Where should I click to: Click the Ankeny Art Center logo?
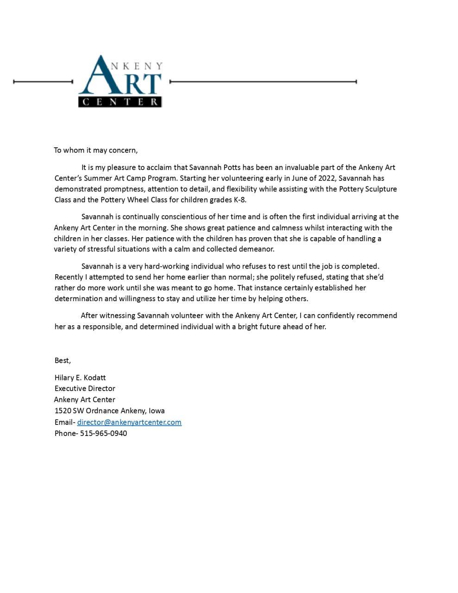click(120, 81)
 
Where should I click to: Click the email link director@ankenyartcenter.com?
click(129, 422)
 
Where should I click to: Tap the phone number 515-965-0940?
click(104, 434)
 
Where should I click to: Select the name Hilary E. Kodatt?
click(80, 378)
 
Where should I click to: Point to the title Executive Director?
click(85, 388)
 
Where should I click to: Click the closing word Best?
click(62, 360)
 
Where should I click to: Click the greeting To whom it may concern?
click(95, 150)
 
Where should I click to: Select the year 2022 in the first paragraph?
click(326, 178)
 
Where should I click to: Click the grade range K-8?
click(240, 200)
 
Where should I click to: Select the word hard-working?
click(167, 266)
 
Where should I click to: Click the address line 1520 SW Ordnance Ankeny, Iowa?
click(110, 410)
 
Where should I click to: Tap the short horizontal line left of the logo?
click(43, 82)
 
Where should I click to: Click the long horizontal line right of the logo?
click(263, 82)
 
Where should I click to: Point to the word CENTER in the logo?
click(120, 102)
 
